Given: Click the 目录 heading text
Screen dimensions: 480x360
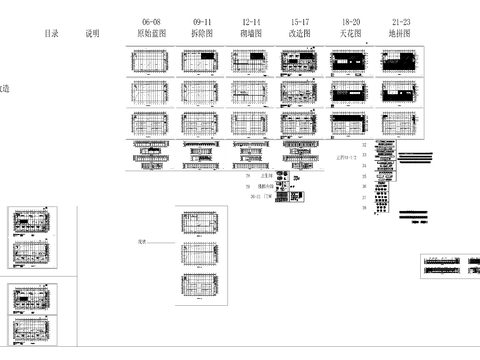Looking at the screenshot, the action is click(x=51, y=33).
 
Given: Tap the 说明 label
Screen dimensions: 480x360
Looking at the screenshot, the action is click(x=93, y=33).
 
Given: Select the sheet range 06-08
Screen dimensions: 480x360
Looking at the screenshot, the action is click(x=151, y=21).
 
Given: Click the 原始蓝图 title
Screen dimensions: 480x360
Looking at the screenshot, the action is click(x=152, y=33).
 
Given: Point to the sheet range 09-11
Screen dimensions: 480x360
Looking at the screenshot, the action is click(x=202, y=21).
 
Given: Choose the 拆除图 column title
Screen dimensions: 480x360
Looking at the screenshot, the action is click(x=202, y=33).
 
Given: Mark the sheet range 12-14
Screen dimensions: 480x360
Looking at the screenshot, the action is click(x=251, y=21).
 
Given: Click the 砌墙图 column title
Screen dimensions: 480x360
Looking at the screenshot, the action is click(x=251, y=33).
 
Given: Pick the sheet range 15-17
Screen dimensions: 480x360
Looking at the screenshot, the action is click(x=300, y=21).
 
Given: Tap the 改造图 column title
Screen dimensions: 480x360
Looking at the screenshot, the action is click(x=300, y=33).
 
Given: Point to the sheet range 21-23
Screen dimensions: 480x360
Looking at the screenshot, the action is click(x=400, y=21).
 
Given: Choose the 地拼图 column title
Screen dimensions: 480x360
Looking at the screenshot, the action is click(x=400, y=33).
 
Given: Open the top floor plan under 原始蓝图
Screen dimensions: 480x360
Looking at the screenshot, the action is click(x=152, y=63).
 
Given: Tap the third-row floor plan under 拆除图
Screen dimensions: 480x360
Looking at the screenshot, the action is click(x=202, y=125).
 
